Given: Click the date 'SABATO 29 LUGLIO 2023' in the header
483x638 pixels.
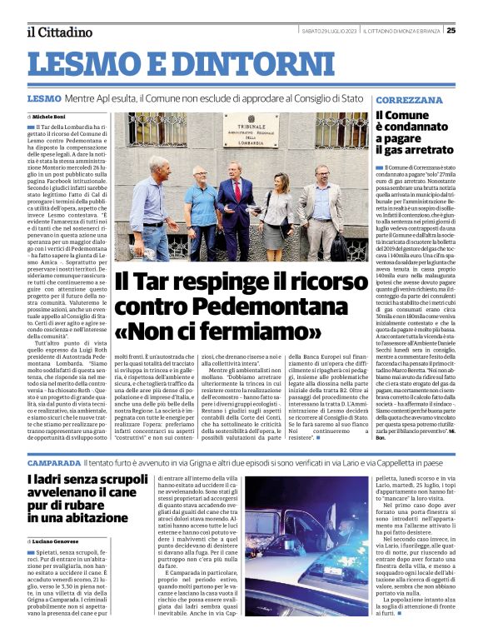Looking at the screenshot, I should point(329,31).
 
